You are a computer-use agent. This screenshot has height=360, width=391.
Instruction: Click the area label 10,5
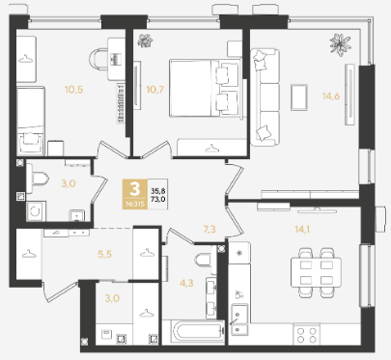[73, 90]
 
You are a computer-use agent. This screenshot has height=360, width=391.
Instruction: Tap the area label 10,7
[155, 90]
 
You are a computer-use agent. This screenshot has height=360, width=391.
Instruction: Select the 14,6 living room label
[331, 96]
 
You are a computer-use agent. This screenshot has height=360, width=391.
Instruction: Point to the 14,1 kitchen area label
[302, 230]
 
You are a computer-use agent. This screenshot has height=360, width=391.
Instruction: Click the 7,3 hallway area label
[209, 230]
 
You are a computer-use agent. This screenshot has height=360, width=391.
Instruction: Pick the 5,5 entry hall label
[104, 254]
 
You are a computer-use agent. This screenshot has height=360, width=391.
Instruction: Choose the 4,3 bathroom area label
[186, 284]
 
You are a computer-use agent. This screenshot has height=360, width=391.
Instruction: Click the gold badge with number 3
[135, 194]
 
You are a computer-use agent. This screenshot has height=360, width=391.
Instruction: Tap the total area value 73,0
[158, 199]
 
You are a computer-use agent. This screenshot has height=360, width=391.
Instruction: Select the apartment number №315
[135, 204]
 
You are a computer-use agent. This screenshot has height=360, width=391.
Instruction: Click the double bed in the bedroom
[206, 88]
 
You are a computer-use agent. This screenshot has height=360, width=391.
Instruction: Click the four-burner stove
[307, 335]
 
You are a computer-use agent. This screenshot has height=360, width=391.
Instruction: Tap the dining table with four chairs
[316, 272]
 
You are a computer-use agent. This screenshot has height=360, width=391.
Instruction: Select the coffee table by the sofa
[299, 97]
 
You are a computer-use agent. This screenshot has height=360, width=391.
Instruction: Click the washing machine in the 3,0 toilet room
[36, 211]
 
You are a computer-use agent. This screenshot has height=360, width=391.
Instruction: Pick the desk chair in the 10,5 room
[98, 59]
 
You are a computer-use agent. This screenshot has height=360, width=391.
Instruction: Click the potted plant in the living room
[340, 44]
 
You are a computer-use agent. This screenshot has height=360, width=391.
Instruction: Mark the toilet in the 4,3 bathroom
[204, 259]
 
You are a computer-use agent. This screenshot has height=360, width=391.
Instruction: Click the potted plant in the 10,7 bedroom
[145, 42]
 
